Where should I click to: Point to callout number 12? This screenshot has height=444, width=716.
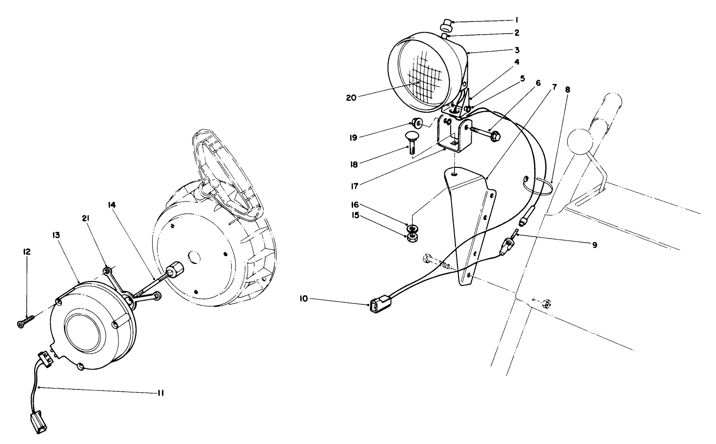pyautogui.click(x=26, y=252)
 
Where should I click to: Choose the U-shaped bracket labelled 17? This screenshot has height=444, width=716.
pyautogui.click(x=451, y=134)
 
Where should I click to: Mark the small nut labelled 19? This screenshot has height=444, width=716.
pyautogui.click(x=417, y=122)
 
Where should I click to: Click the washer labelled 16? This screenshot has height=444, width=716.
pyautogui.click(x=412, y=227)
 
